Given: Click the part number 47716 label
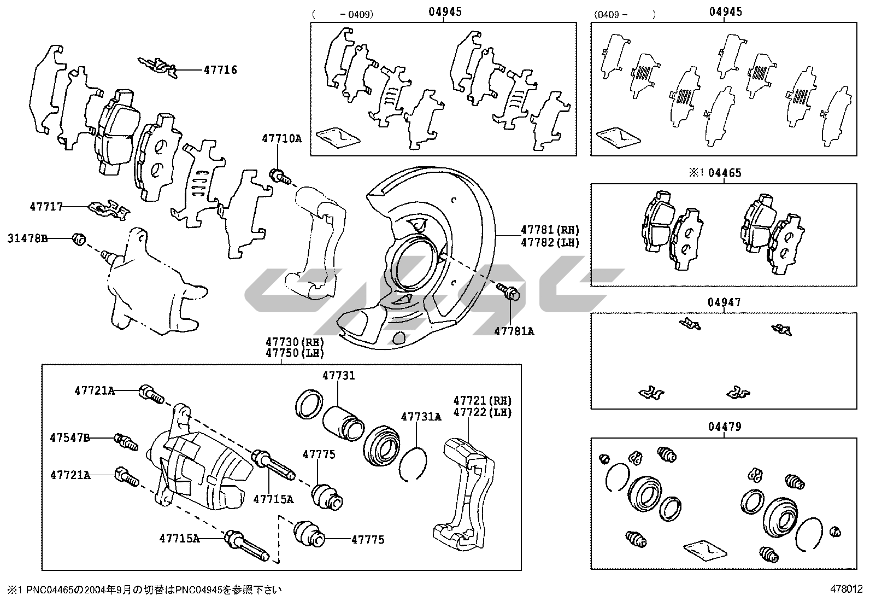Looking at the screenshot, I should (x=220, y=70).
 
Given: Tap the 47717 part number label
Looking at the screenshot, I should (x=46, y=207).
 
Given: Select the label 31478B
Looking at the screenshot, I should (x=27, y=238).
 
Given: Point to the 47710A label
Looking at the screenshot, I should (x=281, y=139).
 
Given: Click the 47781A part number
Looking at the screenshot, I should (x=514, y=331).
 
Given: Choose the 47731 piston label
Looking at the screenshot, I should (x=338, y=376).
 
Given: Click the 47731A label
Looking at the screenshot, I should (x=421, y=417).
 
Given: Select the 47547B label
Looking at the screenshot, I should (x=69, y=437).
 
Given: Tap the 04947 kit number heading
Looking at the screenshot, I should (x=724, y=302).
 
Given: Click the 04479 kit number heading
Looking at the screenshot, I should (x=724, y=427).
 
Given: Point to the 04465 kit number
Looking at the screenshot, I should (x=725, y=173).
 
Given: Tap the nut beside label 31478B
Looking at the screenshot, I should (x=79, y=239).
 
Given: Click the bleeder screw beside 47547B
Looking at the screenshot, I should (x=125, y=441).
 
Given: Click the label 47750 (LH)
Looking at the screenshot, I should (x=295, y=353).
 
